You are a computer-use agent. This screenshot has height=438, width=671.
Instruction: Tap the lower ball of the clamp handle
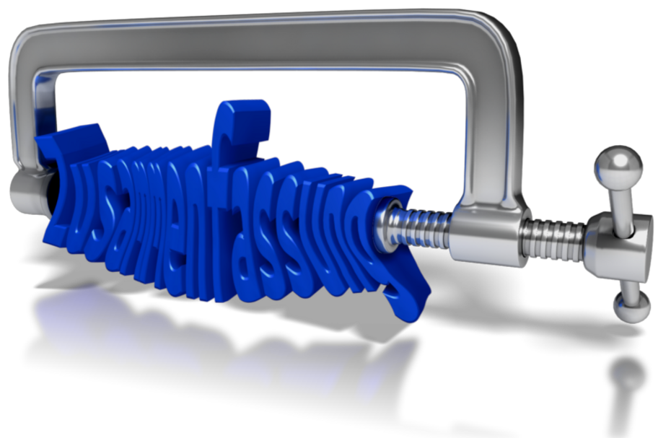631,306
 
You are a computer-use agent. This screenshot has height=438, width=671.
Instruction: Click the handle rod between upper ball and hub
622,201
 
